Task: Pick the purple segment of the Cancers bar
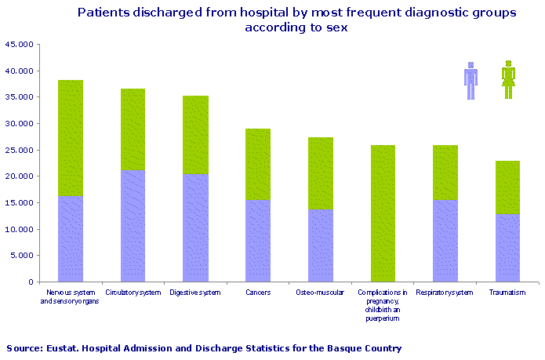[x=257, y=241]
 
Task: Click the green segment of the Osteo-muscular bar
[x=320, y=173]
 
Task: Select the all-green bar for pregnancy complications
[x=383, y=213]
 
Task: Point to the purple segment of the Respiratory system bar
[x=445, y=241]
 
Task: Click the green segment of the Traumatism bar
[x=507, y=187]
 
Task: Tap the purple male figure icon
[x=471, y=81]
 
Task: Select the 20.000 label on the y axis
[x=19, y=176]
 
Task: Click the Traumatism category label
[x=507, y=293]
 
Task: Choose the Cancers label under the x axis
[x=257, y=293]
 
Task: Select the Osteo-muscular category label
[x=320, y=293]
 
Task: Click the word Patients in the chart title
[x=104, y=13]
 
